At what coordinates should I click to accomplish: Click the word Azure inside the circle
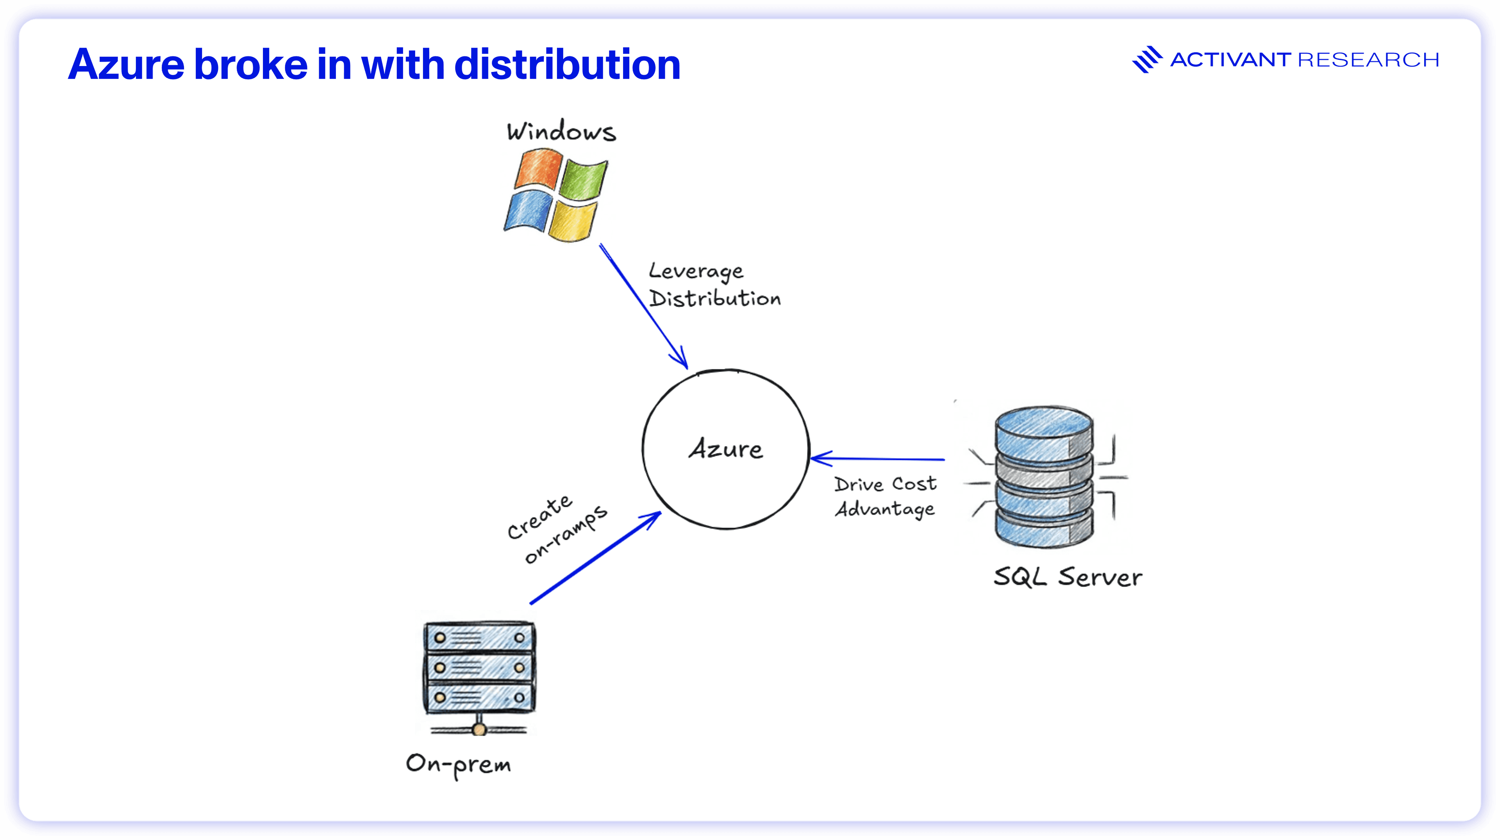point(725,449)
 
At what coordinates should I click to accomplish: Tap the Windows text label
point(561,132)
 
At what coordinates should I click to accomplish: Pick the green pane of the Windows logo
point(584,178)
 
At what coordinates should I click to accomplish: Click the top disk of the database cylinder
point(1043,431)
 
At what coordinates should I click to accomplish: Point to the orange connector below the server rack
point(479,729)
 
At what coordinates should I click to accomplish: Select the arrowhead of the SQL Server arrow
point(818,459)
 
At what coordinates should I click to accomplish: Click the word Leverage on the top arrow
point(696,271)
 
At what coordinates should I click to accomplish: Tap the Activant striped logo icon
point(1146,59)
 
